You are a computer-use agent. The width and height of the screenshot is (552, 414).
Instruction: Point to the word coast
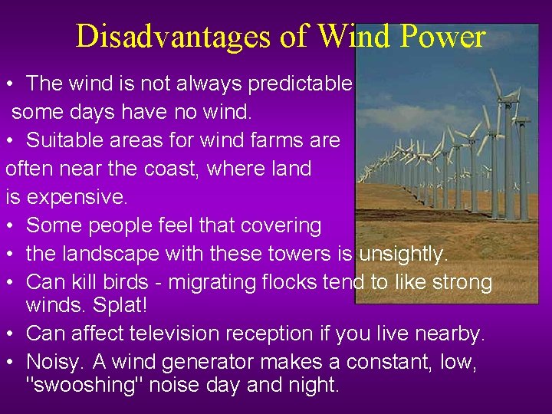[195, 169]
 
